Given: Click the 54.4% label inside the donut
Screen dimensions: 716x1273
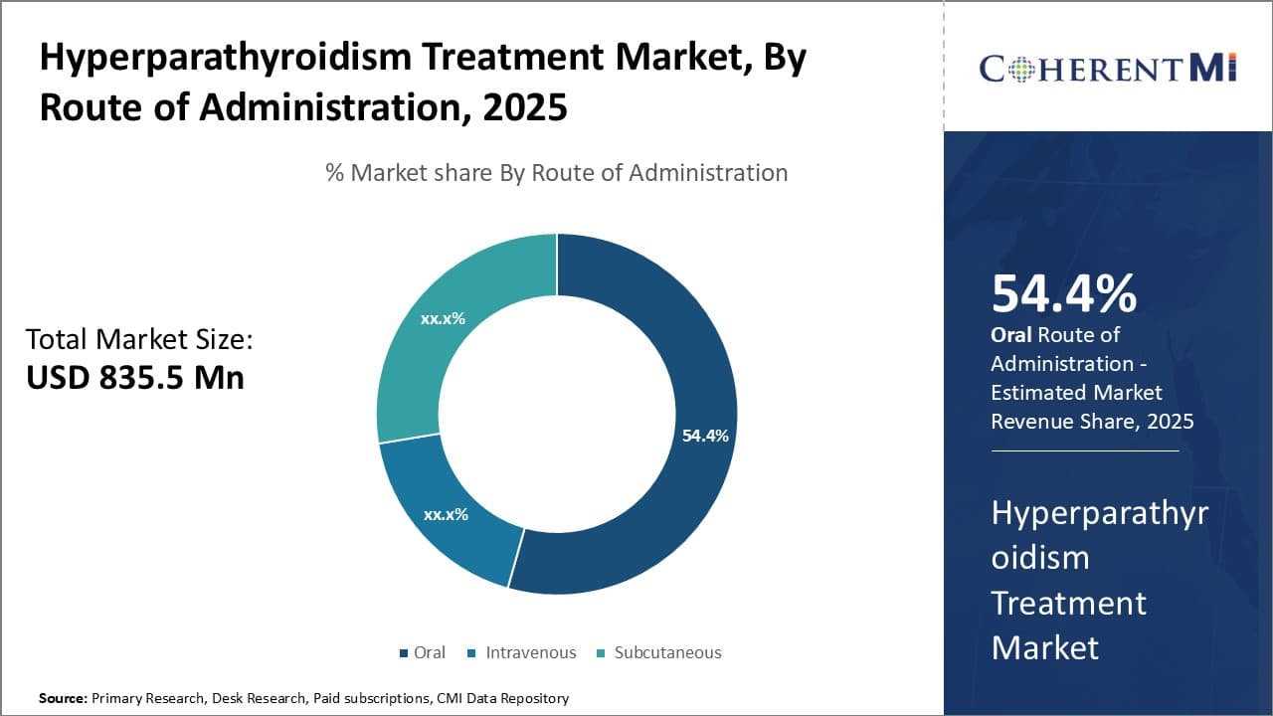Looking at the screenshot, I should (x=705, y=436).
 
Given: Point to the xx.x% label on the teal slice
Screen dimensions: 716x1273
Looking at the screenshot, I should (x=443, y=319).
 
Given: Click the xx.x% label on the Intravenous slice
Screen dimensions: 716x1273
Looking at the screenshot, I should (x=446, y=514).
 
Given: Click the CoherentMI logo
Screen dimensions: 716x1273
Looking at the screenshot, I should (x=1107, y=68).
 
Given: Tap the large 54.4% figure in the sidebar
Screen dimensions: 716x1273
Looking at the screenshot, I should (x=1063, y=293).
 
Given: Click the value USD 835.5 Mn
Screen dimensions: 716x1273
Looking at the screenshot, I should (x=135, y=377).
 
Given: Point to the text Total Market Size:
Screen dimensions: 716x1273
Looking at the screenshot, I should (x=139, y=339).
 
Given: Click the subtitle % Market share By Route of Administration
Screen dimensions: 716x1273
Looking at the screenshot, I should (x=556, y=172).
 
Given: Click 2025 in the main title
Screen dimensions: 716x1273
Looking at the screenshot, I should (x=526, y=106).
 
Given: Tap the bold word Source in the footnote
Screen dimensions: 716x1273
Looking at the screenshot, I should (x=62, y=698).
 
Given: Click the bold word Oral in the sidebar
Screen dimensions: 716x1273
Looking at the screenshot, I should (x=1010, y=335).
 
